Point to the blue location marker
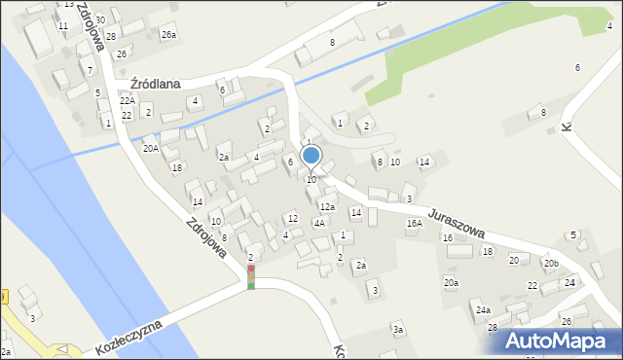click(x=311, y=156)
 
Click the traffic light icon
click(x=251, y=276)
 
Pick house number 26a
click(x=168, y=35)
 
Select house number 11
click(x=63, y=25)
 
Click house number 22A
click(x=127, y=100)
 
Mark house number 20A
click(x=150, y=149)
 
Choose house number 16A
click(x=414, y=224)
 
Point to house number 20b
click(x=551, y=264)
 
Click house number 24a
click(x=483, y=309)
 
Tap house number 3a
click(x=398, y=330)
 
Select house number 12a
click(x=328, y=207)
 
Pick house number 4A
click(x=318, y=223)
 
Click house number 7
click(x=91, y=71)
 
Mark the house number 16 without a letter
click(x=448, y=237)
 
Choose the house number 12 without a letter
click(x=292, y=218)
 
